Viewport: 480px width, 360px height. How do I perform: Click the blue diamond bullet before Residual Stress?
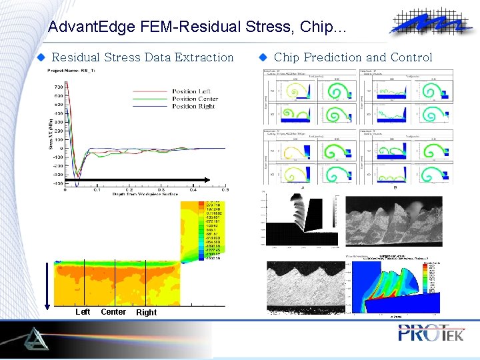pyautogui.click(x=41, y=57)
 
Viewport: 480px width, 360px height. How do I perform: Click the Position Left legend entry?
pyautogui.click(x=194, y=91)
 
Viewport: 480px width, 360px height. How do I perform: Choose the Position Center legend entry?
pyautogui.click(x=195, y=99)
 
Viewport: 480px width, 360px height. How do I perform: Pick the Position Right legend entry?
pyautogui.click(x=193, y=106)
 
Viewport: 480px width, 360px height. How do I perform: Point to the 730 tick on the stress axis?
pyautogui.click(x=59, y=87)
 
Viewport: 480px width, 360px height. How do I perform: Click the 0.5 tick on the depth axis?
pyautogui.click(x=225, y=189)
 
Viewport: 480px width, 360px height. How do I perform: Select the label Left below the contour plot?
pyautogui.click(x=83, y=312)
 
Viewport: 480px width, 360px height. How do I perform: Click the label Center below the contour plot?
pyautogui.click(x=113, y=312)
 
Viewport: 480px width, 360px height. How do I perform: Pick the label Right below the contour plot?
pyautogui.click(x=146, y=313)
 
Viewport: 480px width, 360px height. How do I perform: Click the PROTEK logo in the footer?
pyautogui.click(x=431, y=333)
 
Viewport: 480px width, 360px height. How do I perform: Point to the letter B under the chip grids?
pyautogui.click(x=395, y=188)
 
